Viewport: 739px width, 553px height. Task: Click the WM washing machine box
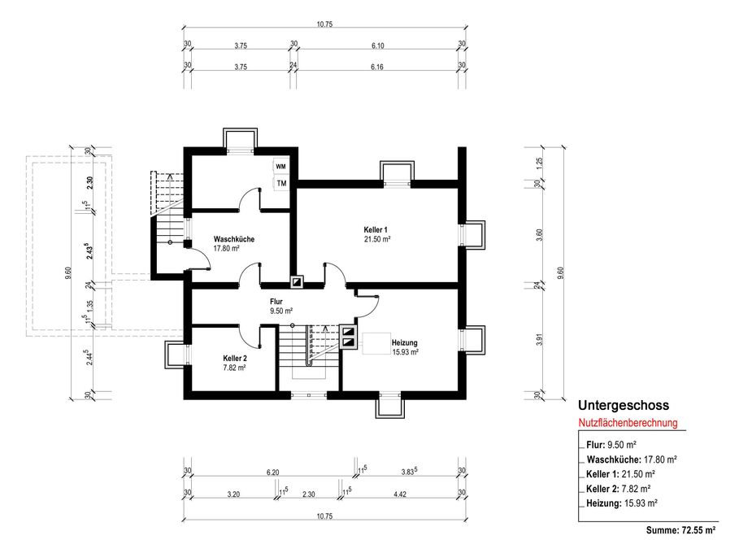tap(281, 167)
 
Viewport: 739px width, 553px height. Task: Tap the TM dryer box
tap(281, 184)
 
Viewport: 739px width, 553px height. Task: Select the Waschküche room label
tap(234, 239)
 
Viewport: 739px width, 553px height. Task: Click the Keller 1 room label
tap(376, 229)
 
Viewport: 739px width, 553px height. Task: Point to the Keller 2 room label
tap(235, 359)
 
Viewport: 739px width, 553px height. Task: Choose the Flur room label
tap(276, 301)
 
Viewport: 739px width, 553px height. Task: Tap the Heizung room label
tap(404, 342)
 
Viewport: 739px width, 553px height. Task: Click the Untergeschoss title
tap(624, 406)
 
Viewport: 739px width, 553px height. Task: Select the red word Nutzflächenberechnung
tap(628, 423)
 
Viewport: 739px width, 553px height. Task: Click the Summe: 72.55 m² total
tap(681, 530)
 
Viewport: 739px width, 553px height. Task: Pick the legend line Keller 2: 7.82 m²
tap(619, 489)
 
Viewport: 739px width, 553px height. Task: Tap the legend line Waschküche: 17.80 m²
tap(632, 459)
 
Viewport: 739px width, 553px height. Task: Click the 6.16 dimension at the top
tap(377, 67)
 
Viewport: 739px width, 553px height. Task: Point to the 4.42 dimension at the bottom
tap(400, 494)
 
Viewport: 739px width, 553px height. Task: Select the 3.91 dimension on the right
tap(540, 339)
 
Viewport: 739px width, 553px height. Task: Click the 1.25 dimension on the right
tap(540, 163)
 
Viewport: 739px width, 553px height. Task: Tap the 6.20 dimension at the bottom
tap(272, 472)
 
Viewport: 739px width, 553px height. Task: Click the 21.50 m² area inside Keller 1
tap(377, 239)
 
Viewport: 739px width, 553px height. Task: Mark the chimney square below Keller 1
tap(298, 281)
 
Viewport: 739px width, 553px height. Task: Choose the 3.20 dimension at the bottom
tap(233, 494)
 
